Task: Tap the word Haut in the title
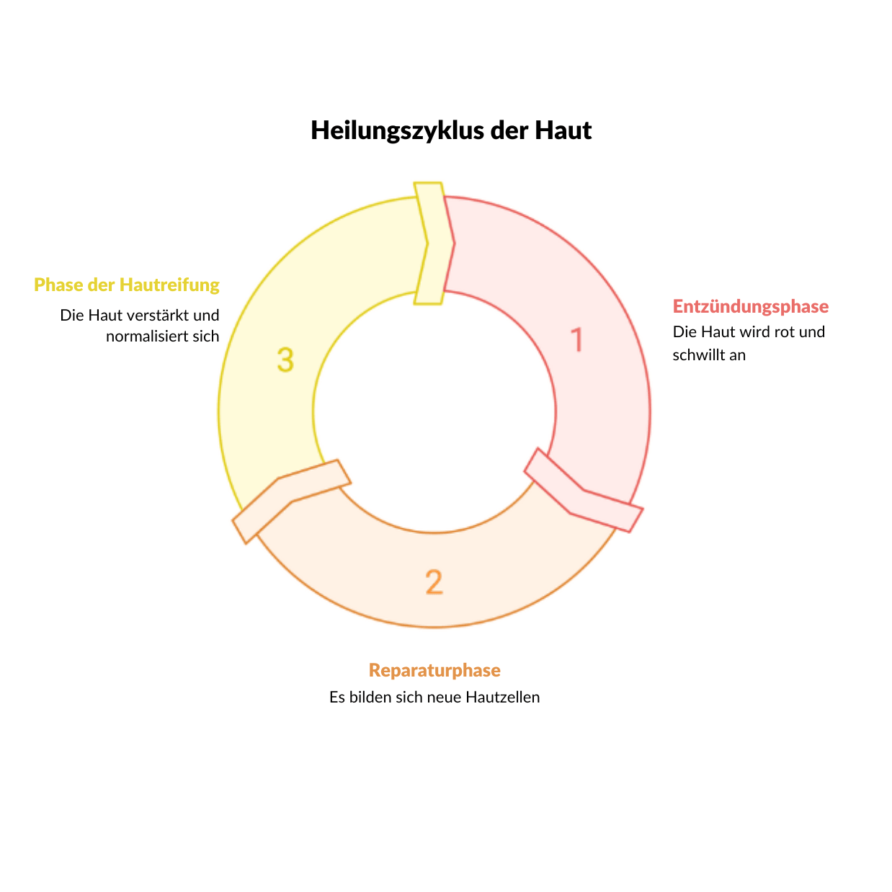(563, 130)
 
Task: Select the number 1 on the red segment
(576, 339)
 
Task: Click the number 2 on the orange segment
(434, 581)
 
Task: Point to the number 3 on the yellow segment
(285, 360)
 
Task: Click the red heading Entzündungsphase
(750, 306)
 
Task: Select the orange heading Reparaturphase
(434, 670)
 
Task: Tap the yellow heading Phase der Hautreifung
(126, 285)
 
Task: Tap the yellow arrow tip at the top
(454, 243)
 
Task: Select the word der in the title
(509, 130)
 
